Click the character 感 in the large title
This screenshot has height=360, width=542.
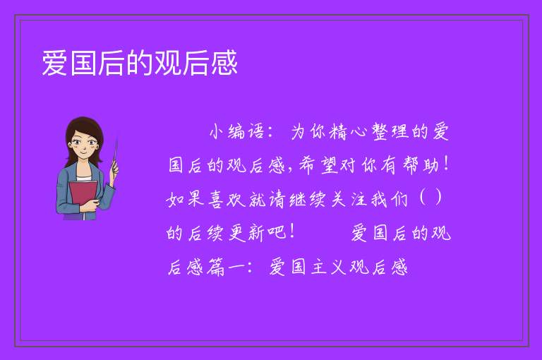(x=224, y=63)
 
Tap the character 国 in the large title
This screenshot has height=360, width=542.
(x=83, y=63)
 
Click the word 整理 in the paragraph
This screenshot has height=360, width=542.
(x=390, y=131)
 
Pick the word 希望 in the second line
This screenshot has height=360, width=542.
(x=318, y=164)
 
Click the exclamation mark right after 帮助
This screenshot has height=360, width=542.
(x=447, y=164)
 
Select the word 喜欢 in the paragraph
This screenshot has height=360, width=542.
(x=227, y=199)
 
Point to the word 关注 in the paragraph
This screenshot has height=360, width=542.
(x=348, y=199)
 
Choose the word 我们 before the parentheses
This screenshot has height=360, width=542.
(x=389, y=199)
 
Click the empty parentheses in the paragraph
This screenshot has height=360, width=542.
(x=430, y=198)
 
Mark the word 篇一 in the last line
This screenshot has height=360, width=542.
(x=226, y=267)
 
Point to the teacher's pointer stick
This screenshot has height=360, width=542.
(x=115, y=153)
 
